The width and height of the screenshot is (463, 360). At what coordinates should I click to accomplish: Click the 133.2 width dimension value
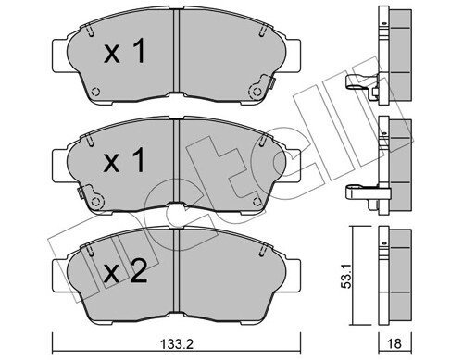178,343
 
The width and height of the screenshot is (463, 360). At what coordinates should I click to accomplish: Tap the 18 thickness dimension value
394,343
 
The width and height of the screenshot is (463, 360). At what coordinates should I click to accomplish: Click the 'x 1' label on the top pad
124,53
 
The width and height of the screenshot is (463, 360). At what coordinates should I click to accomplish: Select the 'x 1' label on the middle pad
124,160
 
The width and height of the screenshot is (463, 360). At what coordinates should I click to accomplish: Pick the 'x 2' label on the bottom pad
125,272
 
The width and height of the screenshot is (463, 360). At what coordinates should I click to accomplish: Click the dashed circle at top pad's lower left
95,92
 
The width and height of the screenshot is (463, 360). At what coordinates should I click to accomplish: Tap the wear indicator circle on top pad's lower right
257,92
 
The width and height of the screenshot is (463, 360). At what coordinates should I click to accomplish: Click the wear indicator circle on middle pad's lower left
96,202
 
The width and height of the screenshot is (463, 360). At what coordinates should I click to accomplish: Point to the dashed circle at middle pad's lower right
257,202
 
